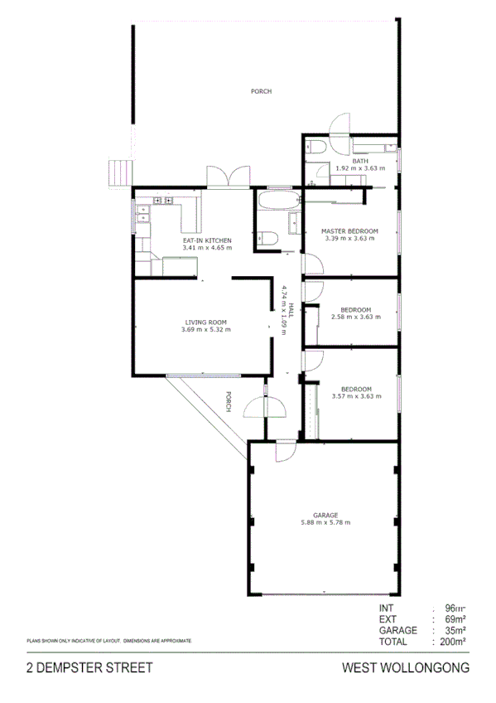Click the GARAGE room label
[325, 515]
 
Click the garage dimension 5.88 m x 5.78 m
[325, 522]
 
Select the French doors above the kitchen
[229, 177]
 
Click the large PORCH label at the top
[261, 91]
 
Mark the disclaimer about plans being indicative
[109, 641]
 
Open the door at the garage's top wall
[283, 453]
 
